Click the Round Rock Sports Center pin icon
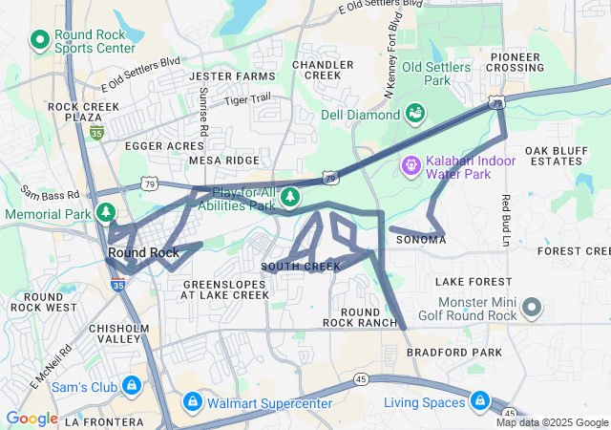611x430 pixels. pyautogui.click(x=40, y=40)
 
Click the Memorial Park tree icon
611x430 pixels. pyautogui.click(x=108, y=211)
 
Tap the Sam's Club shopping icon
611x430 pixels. pyautogui.click(x=131, y=386)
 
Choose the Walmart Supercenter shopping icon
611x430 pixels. pyautogui.click(x=193, y=401)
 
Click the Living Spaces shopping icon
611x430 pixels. pyautogui.click(x=479, y=401)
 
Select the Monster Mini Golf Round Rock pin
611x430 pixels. pyautogui.click(x=532, y=308)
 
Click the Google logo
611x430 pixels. pyautogui.click(x=32, y=419)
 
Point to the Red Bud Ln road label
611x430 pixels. pyautogui.click(x=505, y=217)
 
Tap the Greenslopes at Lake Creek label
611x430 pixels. pyautogui.click(x=225, y=290)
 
